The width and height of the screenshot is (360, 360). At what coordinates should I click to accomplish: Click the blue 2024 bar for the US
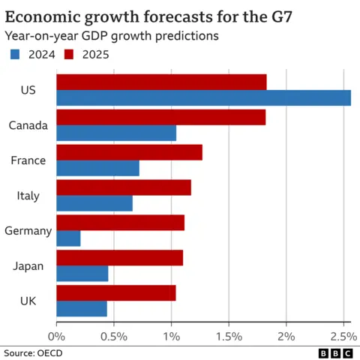click(x=203, y=98)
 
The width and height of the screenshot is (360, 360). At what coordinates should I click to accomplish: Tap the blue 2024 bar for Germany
click(x=68, y=238)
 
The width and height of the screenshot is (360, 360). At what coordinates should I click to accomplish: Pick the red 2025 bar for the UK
click(x=116, y=292)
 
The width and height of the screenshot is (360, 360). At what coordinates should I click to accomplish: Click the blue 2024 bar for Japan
click(x=82, y=274)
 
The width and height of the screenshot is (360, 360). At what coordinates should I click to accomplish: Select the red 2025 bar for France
click(x=129, y=152)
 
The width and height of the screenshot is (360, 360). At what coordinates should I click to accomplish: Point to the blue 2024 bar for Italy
click(x=94, y=203)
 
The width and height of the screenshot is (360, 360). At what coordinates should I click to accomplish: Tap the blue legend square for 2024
click(x=15, y=53)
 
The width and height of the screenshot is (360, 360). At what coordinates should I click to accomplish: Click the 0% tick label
click(x=57, y=336)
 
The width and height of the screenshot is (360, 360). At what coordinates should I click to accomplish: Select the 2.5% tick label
click(x=341, y=336)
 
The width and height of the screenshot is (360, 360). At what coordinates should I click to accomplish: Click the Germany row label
click(x=28, y=231)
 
